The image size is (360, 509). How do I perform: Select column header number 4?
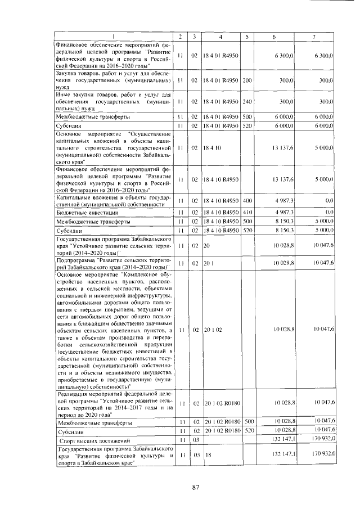tap(220, 37)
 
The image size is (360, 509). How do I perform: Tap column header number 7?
tap(313, 37)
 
